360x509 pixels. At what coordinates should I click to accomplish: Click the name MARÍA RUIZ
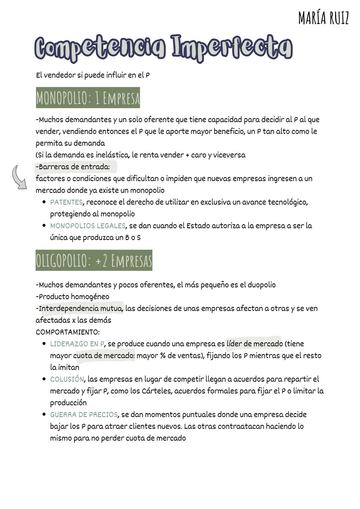(323, 18)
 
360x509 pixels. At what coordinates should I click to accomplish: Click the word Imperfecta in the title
(232, 48)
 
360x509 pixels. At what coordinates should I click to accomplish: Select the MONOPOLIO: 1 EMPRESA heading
(88, 98)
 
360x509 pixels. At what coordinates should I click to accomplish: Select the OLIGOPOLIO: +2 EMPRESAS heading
(94, 260)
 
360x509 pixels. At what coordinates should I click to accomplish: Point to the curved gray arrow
(19, 177)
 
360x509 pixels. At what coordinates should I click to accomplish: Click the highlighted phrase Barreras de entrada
(74, 167)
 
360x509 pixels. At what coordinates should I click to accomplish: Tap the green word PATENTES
(66, 202)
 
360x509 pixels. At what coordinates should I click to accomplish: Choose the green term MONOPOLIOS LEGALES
(88, 226)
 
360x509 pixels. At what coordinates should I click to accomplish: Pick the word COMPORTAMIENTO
(68, 332)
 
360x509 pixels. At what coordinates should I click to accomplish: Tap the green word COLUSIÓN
(67, 379)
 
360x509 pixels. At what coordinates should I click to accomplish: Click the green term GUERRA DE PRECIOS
(84, 415)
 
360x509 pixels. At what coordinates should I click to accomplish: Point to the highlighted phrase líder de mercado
(254, 344)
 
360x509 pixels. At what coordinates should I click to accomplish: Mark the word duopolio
(261, 285)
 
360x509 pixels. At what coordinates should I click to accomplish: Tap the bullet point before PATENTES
(44, 202)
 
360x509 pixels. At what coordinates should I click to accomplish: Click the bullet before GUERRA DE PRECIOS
(44, 414)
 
